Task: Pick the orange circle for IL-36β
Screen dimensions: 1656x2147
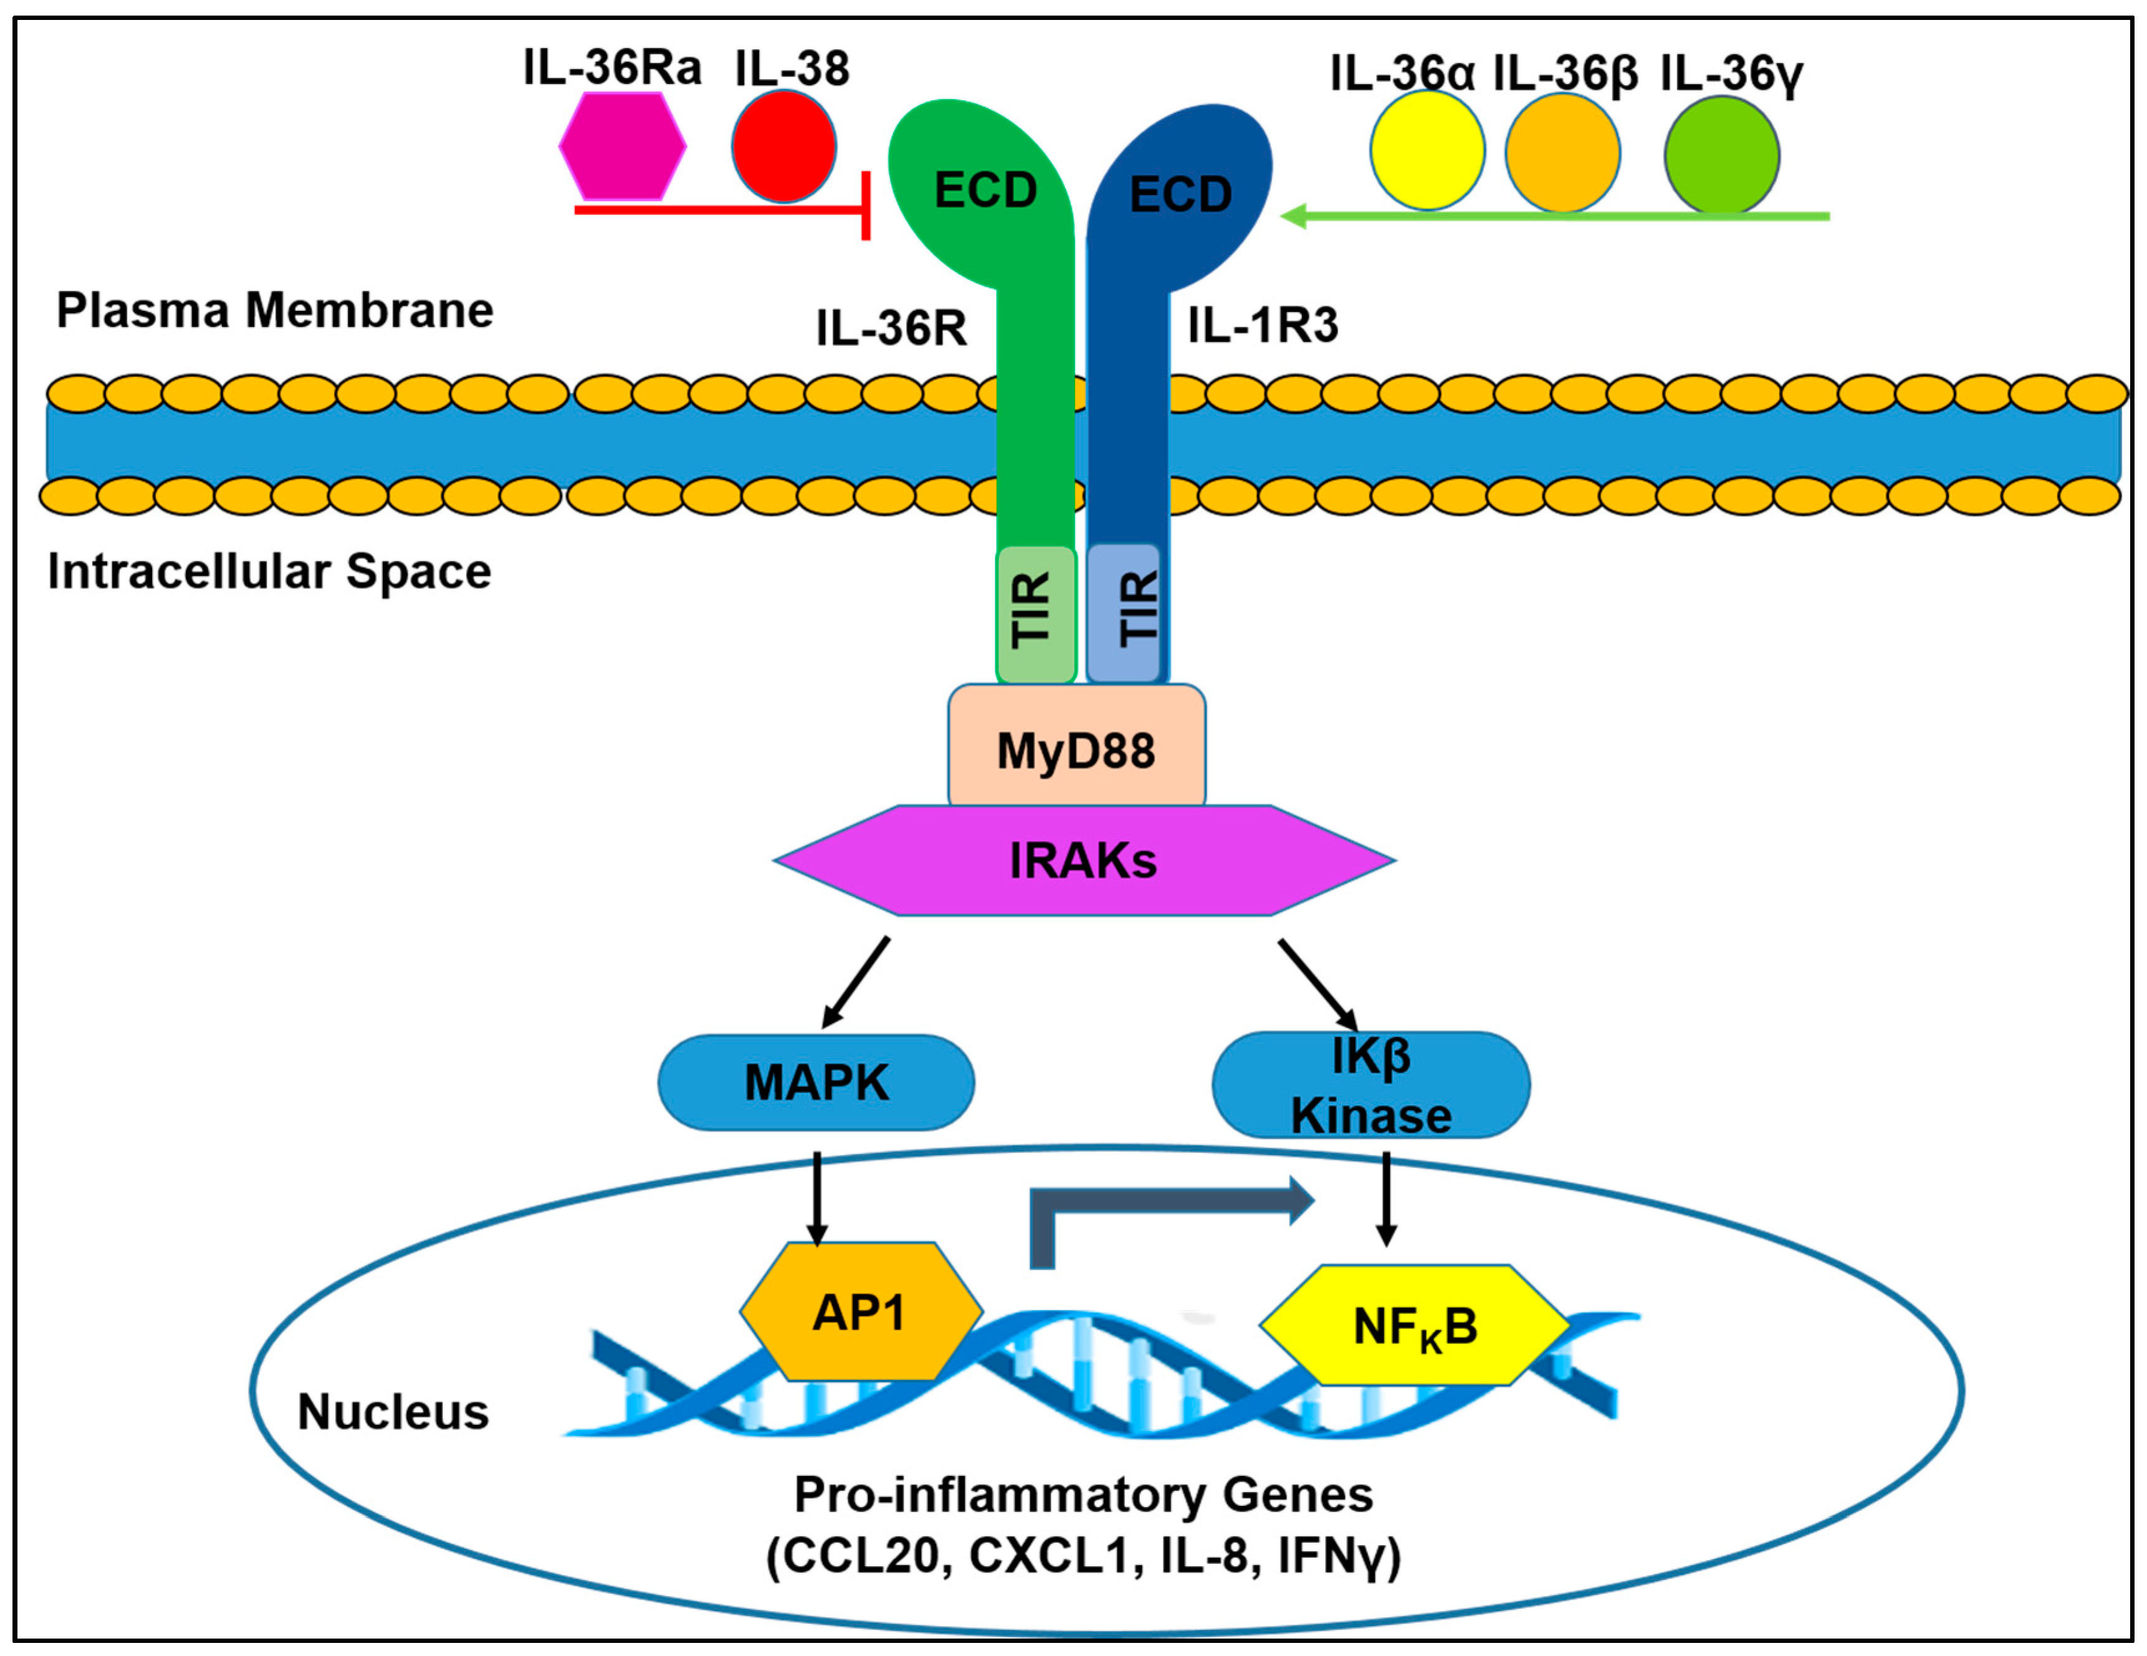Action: tap(1562, 153)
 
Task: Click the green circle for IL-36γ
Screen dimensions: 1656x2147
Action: tap(1721, 155)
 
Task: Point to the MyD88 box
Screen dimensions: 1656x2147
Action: tap(1076, 750)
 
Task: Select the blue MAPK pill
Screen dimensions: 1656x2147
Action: tap(816, 1082)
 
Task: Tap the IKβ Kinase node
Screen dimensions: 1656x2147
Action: tap(1370, 1085)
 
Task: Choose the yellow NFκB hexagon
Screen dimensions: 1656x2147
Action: tap(1413, 1326)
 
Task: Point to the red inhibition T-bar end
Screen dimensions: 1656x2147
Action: tap(865, 206)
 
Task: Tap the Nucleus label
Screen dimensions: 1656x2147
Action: tap(393, 1412)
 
